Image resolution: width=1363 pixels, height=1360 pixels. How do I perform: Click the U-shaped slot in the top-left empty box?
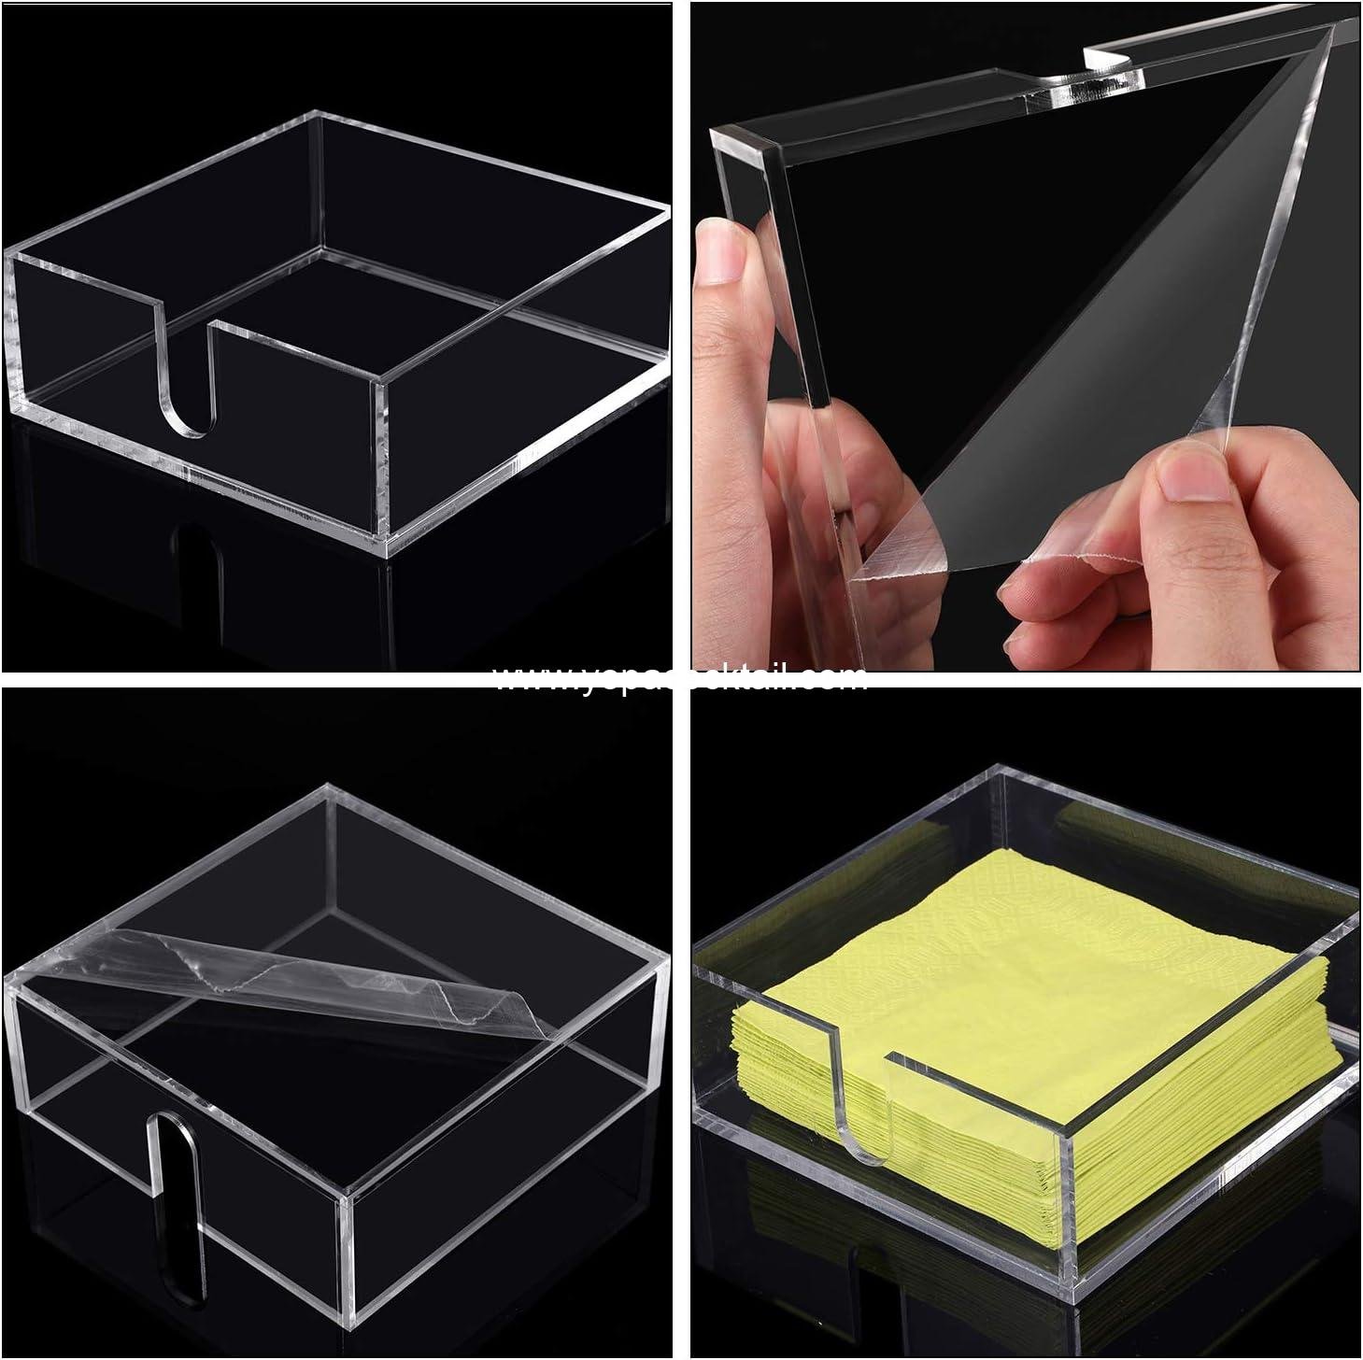coord(182,374)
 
